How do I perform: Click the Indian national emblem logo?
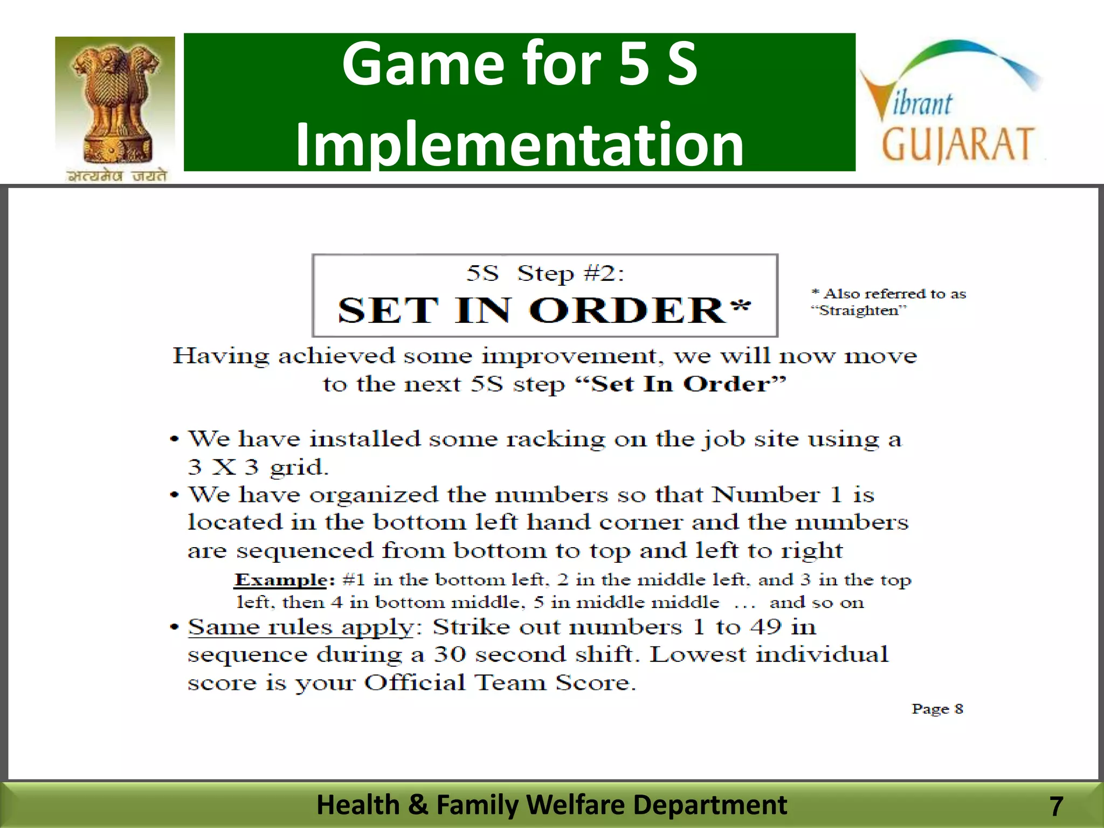115,109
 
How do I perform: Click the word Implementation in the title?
520,144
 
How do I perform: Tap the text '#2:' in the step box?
604,274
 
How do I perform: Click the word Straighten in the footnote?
859,310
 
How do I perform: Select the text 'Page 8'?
937,709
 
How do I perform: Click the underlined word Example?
281,580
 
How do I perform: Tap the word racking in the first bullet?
556,439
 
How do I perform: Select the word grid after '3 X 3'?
299,467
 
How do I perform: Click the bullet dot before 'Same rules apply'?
174,627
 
